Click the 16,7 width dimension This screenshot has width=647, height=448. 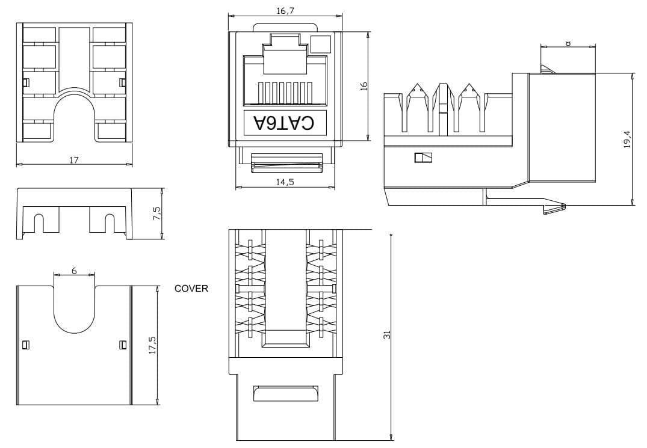(285, 11)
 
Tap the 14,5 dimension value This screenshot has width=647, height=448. (285, 182)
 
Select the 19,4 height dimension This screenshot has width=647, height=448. (627, 140)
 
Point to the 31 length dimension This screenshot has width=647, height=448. (386, 335)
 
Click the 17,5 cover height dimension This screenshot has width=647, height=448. (152, 345)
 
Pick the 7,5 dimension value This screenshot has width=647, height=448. (157, 213)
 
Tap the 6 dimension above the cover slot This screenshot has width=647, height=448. (74, 271)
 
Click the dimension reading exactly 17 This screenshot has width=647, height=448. (74, 160)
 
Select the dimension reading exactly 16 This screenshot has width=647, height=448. (364, 86)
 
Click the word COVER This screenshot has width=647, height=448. (191, 289)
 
